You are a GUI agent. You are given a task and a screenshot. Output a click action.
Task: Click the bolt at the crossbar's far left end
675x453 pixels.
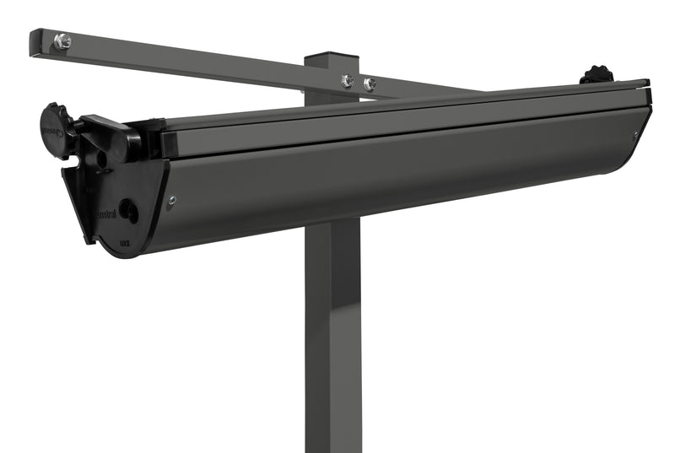tap(62, 41)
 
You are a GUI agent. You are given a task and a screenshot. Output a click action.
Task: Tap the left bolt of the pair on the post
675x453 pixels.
tap(347, 81)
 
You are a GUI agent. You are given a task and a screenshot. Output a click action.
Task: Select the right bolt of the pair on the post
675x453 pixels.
tap(369, 84)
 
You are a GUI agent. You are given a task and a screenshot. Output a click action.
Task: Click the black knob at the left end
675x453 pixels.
tap(56, 127)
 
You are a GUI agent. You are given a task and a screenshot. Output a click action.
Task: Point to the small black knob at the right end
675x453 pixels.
tap(597, 74)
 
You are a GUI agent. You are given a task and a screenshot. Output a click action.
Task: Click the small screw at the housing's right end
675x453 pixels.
tap(635, 134)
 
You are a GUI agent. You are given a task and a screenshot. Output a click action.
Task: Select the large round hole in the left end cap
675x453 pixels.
tap(128, 210)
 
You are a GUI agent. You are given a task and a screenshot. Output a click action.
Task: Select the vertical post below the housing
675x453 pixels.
tap(332, 337)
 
